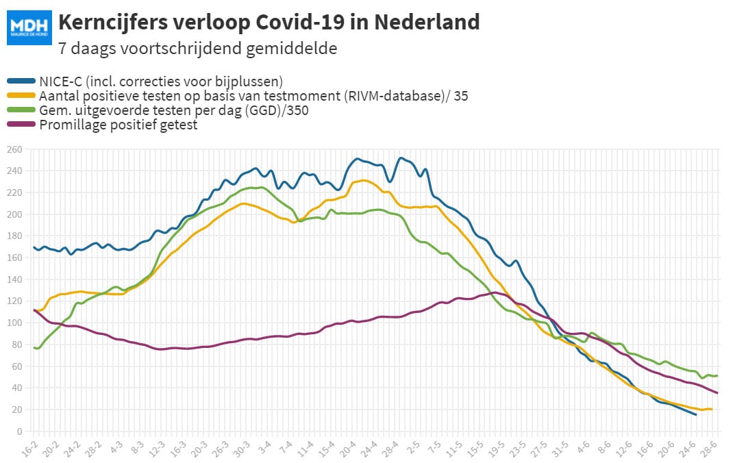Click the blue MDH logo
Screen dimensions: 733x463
(29, 27)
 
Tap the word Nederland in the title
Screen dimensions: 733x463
(427, 22)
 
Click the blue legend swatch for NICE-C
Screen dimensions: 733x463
(21, 82)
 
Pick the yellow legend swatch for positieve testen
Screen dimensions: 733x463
(21, 96)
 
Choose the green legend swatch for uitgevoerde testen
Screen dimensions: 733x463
(21, 110)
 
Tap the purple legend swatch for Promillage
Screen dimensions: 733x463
(21, 124)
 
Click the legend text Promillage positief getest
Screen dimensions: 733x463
(119, 125)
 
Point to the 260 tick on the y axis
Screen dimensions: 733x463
(14, 149)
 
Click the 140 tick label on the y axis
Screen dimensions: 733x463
(14, 279)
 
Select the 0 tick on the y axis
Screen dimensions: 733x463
(20, 431)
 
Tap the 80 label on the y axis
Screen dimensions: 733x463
(17, 345)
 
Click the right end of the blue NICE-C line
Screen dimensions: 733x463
(695, 414)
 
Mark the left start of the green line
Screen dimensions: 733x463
(34, 348)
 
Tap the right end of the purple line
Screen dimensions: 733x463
(717, 393)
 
